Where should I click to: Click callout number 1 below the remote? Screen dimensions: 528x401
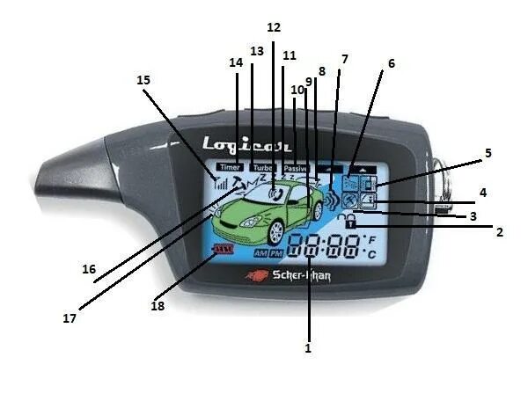[x=308, y=348]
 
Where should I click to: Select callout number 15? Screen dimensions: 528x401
[x=144, y=80]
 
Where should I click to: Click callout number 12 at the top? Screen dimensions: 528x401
[x=274, y=27]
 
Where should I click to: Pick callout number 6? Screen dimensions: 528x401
[x=391, y=63]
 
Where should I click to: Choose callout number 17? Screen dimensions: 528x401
[x=69, y=318]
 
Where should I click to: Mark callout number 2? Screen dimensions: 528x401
[x=499, y=233]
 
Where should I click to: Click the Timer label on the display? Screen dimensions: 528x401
[x=230, y=166]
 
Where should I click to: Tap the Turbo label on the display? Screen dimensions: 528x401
[x=262, y=166]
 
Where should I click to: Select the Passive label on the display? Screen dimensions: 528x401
[x=296, y=166]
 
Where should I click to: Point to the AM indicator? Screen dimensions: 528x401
[x=260, y=253]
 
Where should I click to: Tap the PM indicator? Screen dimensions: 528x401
[x=276, y=253]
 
